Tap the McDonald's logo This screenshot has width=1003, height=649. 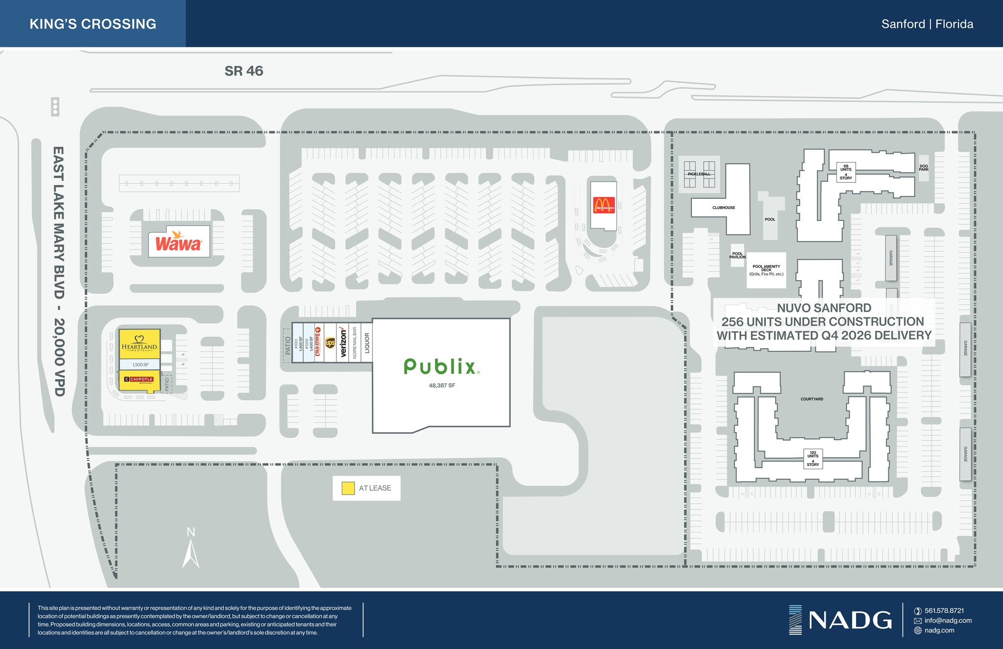pyautogui.click(x=603, y=205)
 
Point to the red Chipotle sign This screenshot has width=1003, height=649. pyautogui.click(x=139, y=380)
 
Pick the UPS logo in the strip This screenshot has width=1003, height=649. pyautogui.click(x=330, y=343)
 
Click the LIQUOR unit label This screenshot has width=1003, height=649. pyautogui.click(x=367, y=342)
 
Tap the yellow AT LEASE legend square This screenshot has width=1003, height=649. pyautogui.click(x=348, y=488)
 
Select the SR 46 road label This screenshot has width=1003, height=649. pyautogui.click(x=244, y=71)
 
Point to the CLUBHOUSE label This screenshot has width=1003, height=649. pyautogui.click(x=723, y=208)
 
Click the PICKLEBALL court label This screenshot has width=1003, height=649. pyautogui.click(x=699, y=174)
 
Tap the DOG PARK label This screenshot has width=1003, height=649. pyautogui.click(x=923, y=168)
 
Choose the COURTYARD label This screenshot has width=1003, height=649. pyautogui.click(x=812, y=399)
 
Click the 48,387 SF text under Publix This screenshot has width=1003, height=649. pyautogui.click(x=442, y=385)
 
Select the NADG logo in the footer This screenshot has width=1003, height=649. pyautogui.click(x=840, y=620)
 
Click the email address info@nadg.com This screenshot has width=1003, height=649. pyautogui.click(x=948, y=621)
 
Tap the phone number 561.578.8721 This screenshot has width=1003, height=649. pyautogui.click(x=944, y=611)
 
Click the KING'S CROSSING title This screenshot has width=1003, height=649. pyautogui.click(x=93, y=24)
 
